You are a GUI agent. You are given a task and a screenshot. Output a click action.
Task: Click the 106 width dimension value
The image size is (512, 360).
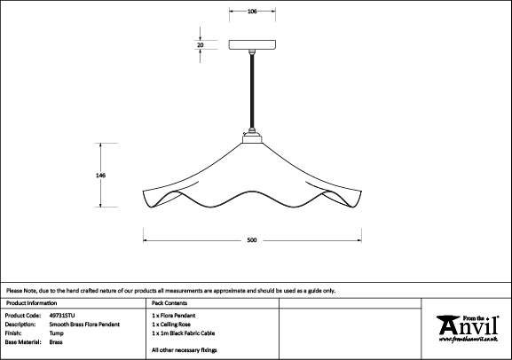pos(252,12)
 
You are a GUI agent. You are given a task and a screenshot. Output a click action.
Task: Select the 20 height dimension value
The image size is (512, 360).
pos(201,44)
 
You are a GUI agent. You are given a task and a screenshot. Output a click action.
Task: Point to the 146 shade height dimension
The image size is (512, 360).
pos(100,176)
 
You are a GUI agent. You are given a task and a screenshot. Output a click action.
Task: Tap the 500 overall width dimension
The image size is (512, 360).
pos(252,240)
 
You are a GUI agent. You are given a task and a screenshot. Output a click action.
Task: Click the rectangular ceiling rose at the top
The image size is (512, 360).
pos(252,44)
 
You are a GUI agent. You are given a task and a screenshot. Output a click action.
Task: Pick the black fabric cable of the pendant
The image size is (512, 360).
pos(252,91)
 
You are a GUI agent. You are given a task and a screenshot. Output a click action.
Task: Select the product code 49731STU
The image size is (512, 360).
pos(62,316)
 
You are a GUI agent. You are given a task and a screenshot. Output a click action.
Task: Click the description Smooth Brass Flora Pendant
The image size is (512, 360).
pos(84,325)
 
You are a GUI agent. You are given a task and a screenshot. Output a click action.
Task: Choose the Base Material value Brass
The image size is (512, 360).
pos(56,342)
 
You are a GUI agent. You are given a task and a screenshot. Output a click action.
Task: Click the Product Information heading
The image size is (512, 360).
pos(31,303)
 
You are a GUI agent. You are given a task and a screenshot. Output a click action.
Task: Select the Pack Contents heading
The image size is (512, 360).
pos(169,303)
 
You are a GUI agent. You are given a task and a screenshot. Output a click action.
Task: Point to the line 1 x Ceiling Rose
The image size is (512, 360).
pos(171,325)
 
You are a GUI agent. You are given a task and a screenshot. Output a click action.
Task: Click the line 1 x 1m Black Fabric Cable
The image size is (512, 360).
pos(183,333)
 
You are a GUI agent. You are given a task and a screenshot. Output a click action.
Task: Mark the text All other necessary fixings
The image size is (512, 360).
pos(185,350)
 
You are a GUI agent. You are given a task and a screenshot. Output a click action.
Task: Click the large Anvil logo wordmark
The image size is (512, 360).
pos(468,325)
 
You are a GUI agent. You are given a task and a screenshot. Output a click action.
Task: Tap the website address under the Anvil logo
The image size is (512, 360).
pos(469,340)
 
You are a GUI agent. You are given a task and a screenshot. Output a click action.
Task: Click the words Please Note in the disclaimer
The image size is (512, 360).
pos(21,291)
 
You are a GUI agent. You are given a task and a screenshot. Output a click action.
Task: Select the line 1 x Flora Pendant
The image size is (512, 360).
pos(173,316)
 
